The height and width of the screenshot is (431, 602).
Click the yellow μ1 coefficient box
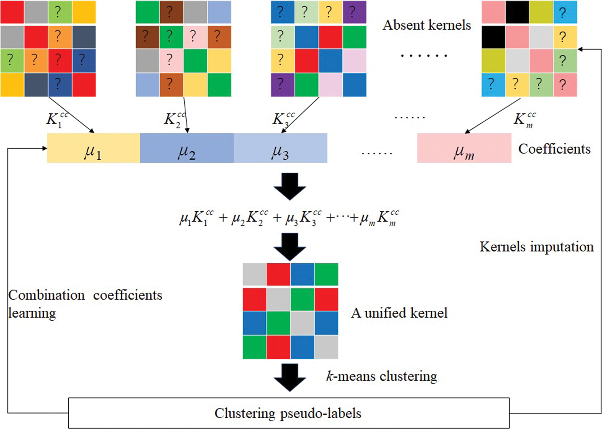[94, 148]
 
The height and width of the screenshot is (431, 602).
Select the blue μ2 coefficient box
[187, 148]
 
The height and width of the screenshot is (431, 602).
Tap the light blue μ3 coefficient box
[280, 148]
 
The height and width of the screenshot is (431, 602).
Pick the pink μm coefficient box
[464, 148]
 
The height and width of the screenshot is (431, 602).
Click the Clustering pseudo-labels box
[288, 413]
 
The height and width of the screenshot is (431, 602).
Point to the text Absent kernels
[427, 25]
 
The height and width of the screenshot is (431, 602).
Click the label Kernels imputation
[537, 247]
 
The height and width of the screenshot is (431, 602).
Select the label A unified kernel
[399, 313]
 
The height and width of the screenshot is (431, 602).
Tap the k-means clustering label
[381, 376]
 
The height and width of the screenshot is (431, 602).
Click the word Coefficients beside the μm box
[554, 149]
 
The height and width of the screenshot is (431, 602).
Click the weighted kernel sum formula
[289, 218]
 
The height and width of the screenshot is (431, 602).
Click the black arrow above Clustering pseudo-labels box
[290, 377]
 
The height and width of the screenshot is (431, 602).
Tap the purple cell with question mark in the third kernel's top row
[354, 12]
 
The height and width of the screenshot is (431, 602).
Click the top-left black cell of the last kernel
[517, 12]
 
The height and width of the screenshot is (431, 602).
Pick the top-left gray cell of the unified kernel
[254, 275]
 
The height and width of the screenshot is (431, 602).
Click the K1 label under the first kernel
[57, 119]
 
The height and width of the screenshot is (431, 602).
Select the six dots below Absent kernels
[424, 55]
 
